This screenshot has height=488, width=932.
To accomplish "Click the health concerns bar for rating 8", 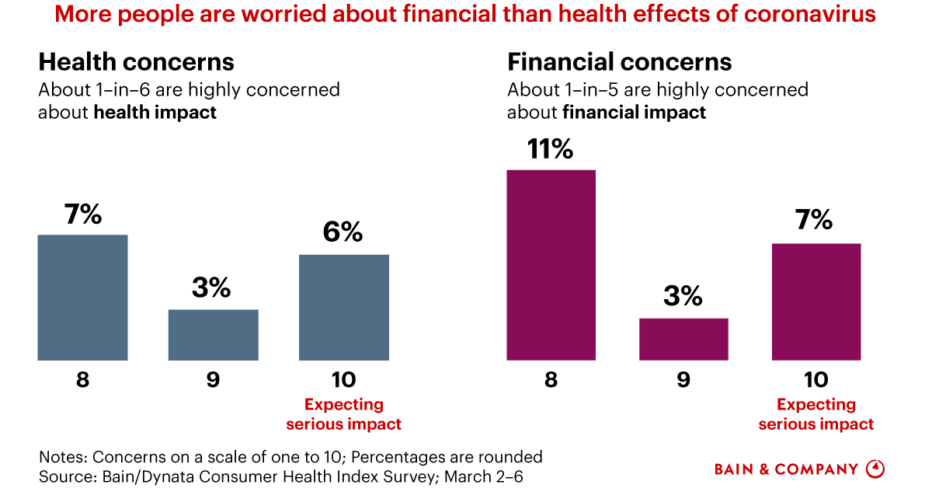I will (x=82, y=298).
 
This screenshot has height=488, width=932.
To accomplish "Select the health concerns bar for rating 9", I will (x=213, y=335).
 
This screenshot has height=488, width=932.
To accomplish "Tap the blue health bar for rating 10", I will (x=343, y=308).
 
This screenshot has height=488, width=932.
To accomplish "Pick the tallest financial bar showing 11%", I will (x=551, y=265).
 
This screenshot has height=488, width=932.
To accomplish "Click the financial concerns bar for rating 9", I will (x=683, y=340).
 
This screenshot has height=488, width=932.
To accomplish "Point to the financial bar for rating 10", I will (x=815, y=302).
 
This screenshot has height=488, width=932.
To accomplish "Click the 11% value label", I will (x=551, y=149).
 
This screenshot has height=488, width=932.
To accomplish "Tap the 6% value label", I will (x=343, y=232).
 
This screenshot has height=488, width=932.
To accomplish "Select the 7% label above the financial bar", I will (x=813, y=221).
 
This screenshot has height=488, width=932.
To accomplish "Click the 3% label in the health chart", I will (x=212, y=288).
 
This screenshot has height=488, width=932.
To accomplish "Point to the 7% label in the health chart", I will (x=82, y=214).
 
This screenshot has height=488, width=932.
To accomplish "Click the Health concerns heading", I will (x=136, y=62).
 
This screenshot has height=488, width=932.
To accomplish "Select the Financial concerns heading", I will (x=619, y=62).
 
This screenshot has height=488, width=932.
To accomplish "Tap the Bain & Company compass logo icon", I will (x=875, y=469).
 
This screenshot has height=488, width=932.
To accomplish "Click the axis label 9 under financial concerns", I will (x=683, y=380).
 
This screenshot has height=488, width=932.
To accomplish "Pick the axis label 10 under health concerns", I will (x=343, y=380).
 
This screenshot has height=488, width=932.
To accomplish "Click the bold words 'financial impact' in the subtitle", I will (x=634, y=112).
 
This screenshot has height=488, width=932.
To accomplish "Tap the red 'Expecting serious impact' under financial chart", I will (x=815, y=414).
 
